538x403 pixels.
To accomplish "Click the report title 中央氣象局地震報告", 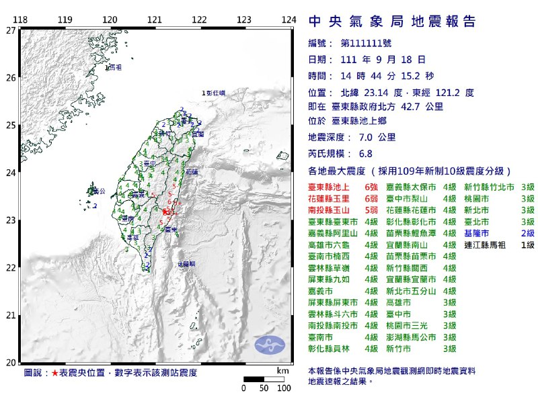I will click(x=392, y=21).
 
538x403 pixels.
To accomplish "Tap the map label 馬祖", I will click(x=114, y=66).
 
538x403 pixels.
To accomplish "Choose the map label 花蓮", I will click(x=192, y=172).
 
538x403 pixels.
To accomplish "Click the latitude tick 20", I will click(x=10, y=363).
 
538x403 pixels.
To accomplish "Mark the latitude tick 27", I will click(x=10, y=30).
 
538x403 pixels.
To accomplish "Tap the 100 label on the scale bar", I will click(x=283, y=388).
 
